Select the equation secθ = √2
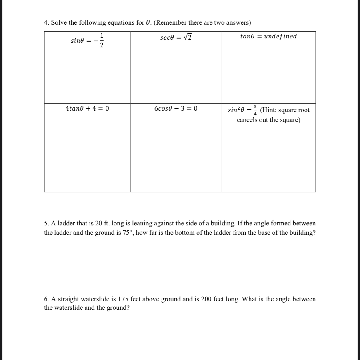(x=176, y=38)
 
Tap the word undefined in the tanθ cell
(x=280, y=36)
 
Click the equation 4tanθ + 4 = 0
(x=87, y=108)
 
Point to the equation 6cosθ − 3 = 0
(x=176, y=108)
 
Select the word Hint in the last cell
(x=270, y=110)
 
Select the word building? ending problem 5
(x=302, y=233)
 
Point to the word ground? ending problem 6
(x=118, y=308)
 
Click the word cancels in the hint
(x=247, y=120)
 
